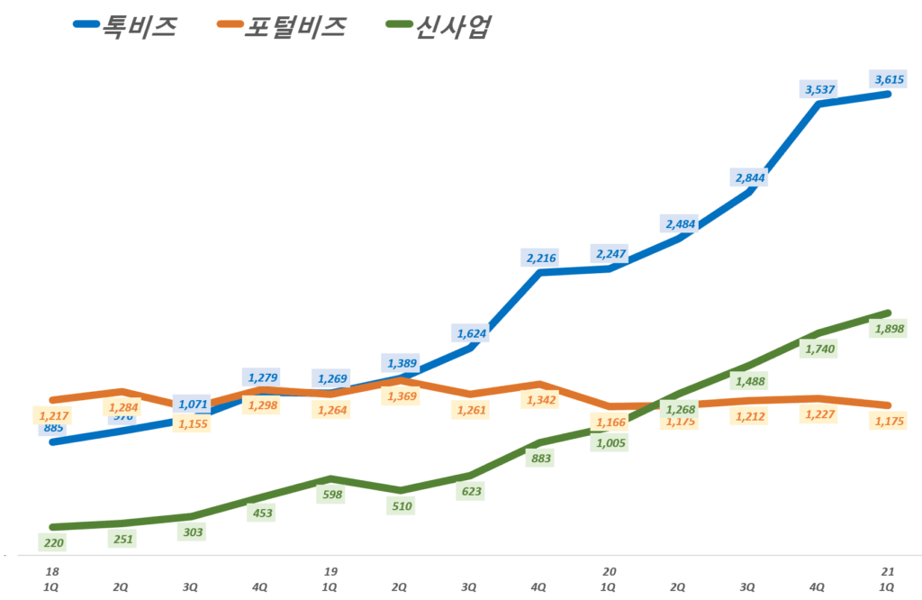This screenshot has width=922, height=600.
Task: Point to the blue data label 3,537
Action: pyautogui.click(x=818, y=88)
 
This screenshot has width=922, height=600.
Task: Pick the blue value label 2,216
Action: pyautogui.click(x=541, y=259)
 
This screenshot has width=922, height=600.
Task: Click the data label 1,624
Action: pyautogui.click(x=471, y=333)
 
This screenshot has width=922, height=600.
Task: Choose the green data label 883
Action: pyautogui.click(x=541, y=459)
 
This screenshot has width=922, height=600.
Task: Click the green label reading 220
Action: pyautogui.click(x=53, y=542)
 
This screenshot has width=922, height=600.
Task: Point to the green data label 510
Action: pyautogui.click(x=402, y=506)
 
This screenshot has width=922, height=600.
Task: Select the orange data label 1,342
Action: pyautogui.click(x=541, y=400)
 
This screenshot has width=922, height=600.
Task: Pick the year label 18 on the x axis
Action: pyautogui.click(x=53, y=571)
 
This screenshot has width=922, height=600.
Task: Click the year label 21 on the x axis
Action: pyautogui.click(x=886, y=571)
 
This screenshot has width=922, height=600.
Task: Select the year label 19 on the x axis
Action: pyautogui.click(x=330, y=571)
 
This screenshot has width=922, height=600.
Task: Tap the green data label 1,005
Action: pyautogui.click(x=610, y=442)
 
